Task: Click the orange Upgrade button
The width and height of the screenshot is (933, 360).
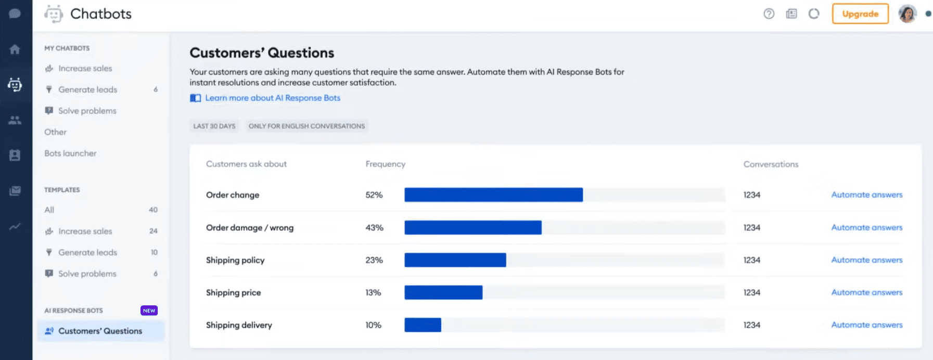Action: [860, 14]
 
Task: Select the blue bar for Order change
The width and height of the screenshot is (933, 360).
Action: [493, 195]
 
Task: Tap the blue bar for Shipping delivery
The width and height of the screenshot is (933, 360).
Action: [423, 325]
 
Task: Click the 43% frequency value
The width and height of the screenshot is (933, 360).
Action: [374, 228]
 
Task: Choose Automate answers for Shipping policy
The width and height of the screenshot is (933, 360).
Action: [866, 260]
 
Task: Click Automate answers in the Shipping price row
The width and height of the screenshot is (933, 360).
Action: [866, 292]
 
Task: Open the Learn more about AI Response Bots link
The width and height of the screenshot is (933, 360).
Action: [272, 98]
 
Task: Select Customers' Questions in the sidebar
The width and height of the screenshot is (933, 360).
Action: [100, 331]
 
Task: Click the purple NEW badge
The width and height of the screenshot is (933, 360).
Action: [149, 311]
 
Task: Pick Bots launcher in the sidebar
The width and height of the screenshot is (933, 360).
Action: [70, 153]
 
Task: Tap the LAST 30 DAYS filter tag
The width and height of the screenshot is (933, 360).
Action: [214, 126]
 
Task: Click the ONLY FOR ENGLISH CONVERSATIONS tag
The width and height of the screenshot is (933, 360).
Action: [306, 126]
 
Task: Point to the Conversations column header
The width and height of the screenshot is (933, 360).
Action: [771, 164]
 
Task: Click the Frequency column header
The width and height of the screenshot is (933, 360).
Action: [385, 164]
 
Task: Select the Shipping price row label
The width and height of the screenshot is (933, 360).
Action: [233, 293]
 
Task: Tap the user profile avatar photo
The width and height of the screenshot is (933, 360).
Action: [907, 14]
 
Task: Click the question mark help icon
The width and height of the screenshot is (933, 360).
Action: [769, 14]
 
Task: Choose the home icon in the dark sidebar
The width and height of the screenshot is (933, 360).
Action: [15, 49]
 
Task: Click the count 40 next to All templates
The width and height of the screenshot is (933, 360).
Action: [153, 210]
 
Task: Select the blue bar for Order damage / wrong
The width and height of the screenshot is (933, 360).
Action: [472, 228]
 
